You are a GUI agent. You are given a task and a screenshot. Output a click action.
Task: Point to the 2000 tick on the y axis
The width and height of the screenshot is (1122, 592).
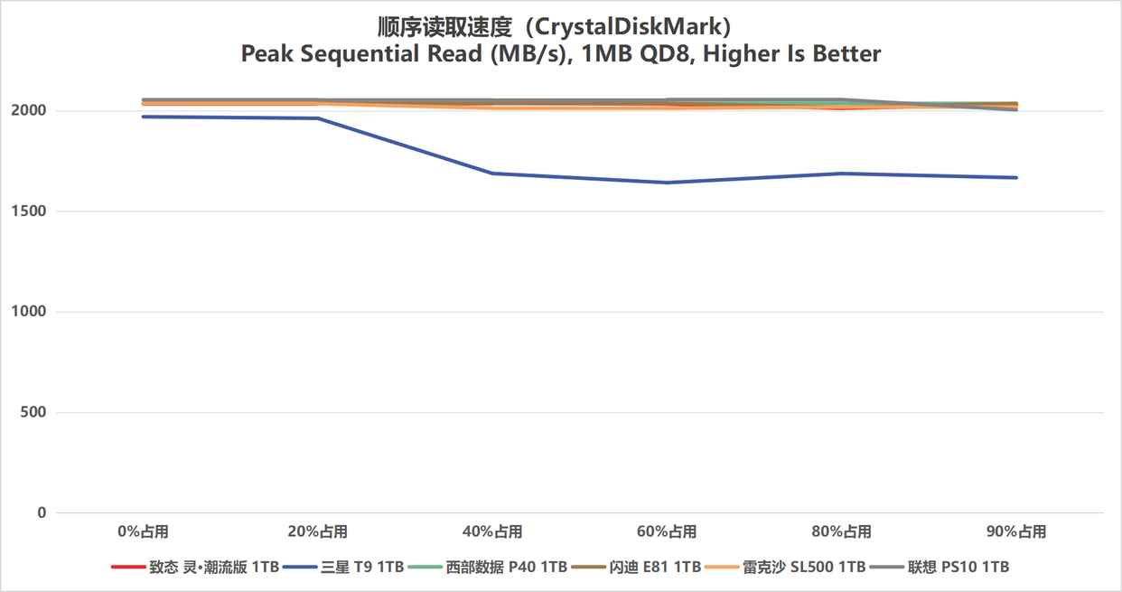pos(30,111)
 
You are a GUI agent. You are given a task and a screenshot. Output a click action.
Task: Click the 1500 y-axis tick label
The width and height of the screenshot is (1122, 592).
pos(30,211)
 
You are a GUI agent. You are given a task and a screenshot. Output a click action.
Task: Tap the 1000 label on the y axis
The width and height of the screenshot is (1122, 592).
pos(30,312)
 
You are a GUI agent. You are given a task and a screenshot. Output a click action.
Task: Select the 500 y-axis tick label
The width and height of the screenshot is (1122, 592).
pos(33,412)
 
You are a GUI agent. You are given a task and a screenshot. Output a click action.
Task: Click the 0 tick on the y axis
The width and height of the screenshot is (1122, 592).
pos(41,512)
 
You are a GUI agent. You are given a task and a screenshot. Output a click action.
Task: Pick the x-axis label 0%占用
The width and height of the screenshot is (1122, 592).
pos(143,531)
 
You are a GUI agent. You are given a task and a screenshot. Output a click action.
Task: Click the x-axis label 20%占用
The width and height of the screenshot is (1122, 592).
pos(318,531)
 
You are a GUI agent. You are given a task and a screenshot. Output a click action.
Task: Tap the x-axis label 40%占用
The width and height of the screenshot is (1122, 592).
pos(492,531)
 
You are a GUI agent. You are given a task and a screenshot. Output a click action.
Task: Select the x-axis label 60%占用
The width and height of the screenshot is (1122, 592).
pos(668,531)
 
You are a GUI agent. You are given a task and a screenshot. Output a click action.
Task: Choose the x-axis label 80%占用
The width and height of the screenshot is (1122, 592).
pos(842,531)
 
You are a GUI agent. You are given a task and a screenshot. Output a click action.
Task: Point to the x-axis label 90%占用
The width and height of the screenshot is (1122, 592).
pos(1017,531)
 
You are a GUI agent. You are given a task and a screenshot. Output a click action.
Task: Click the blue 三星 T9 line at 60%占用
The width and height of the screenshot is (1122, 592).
pos(668,183)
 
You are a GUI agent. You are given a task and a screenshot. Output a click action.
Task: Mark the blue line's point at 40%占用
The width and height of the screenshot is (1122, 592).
pos(492,173)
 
